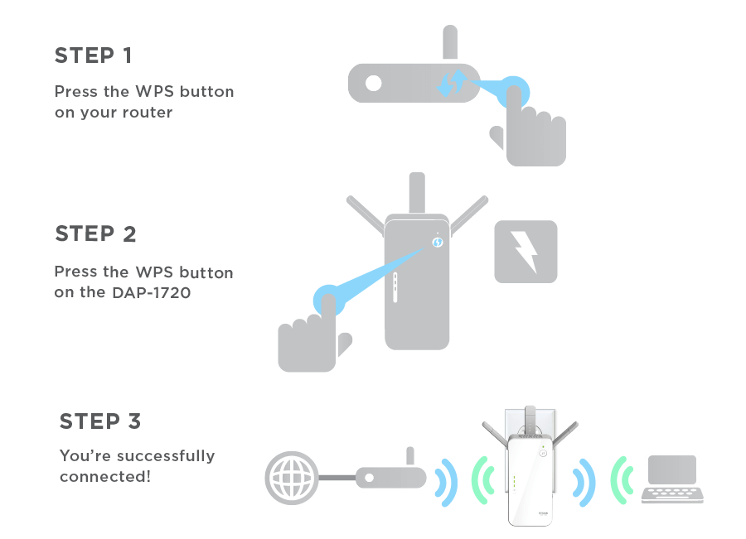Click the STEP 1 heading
pyautogui.click(x=93, y=56)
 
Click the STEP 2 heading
pyautogui.click(x=95, y=234)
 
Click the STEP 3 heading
pyautogui.click(x=100, y=421)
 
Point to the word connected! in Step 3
pyautogui.click(x=105, y=477)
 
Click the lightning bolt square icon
pyautogui.click(x=526, y=251)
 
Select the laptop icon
pyautogui.click(x=672, y=478)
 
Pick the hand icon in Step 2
pyautogui.click(x=312, y=334)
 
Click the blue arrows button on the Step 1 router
pyautogui.click(x=453, y=83)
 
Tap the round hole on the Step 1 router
pyautogui.click(x=374, y=83)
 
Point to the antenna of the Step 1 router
pyautogui.click(x=450, y=43)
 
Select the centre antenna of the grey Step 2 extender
pyautogui.click(x=417, y=195)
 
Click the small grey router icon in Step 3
pyautogui.click(x=390, y=475)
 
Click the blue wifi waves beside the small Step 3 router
pyautogui.click(x=447, y=480)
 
